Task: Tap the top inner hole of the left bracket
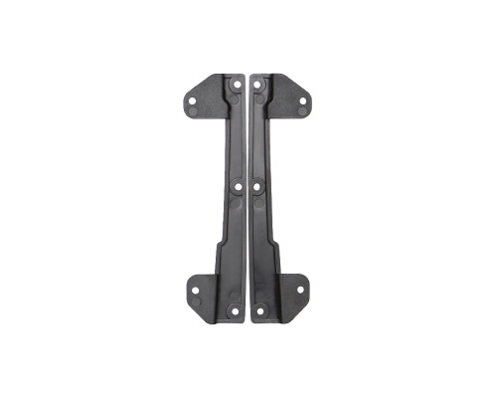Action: pyautogui.click(x=236, y=86)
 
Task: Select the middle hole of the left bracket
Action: pyautogui.click(x=236, y=185)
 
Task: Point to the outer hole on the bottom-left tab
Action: pyautogui.click(x=195, y=291)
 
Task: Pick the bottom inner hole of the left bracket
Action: pyautogui.click(x=233, y=309)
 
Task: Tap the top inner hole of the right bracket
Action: pyautogui.click(x=259, y=86)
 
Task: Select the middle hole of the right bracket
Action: pyautogui.click(x=258, y=185)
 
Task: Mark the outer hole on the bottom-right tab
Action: pyautogui.click(x=298, y=291)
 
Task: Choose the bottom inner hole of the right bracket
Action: pyautogui.click(x=260, y=309)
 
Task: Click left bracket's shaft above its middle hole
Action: pyautogui.click(x=236, y=139)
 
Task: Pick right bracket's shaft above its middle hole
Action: pyautogui.click(x=259, y=139)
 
